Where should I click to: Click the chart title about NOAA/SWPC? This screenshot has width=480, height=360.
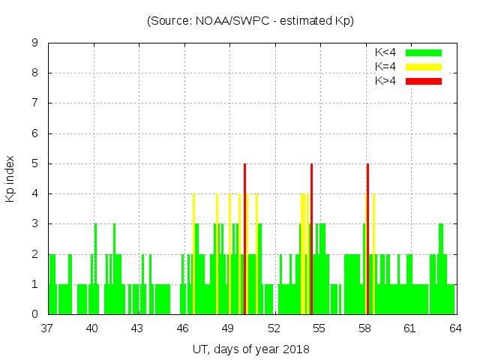click(250, 21)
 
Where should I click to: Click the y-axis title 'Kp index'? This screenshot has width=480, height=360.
click(10, 179)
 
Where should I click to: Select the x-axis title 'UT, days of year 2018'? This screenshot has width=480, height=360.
click(250, 349)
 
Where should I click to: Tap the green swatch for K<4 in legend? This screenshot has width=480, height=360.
click(424, 52)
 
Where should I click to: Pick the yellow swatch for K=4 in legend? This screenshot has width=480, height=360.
click(424, 67)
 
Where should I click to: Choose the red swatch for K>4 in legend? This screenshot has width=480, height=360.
click(424, 80)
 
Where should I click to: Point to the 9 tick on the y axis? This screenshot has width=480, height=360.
click(35, 43)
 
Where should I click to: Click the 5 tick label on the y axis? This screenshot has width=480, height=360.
click(35, 163)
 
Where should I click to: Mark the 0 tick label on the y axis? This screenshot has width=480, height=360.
click(35, 314)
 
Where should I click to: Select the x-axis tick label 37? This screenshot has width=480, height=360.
click(47, 328)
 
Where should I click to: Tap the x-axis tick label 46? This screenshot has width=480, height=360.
click(183, 328)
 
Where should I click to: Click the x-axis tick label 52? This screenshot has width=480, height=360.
click(274, 328)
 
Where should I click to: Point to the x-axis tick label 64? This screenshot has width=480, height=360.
click(455, 328)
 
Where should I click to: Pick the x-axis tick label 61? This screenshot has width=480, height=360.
click(409, 328)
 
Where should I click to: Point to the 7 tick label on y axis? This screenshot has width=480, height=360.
click(35, 103)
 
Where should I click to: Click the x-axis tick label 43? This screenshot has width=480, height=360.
click(138, 328)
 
